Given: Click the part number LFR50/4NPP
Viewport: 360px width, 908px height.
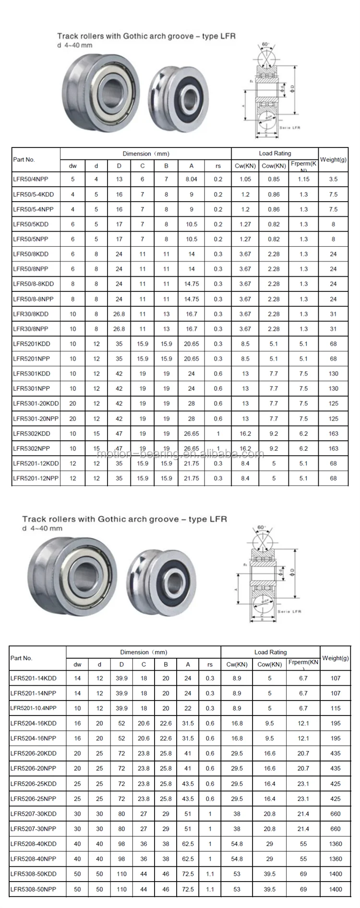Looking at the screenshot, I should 30,179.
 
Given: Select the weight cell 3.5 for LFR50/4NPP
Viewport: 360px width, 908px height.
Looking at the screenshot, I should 333,179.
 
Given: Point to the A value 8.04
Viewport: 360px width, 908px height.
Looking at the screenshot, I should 191,179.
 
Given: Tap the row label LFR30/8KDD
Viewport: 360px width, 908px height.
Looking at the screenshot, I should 31,314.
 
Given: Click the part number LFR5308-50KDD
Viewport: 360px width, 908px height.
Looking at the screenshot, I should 33,874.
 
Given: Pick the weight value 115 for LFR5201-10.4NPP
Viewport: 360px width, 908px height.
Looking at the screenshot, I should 335,708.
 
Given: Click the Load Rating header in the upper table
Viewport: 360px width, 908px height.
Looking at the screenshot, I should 275,154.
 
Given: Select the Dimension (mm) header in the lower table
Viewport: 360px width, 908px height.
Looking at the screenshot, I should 144,652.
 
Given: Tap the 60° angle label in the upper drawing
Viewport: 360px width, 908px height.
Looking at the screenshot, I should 266,45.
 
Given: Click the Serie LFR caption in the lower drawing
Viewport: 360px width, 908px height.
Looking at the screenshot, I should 289,611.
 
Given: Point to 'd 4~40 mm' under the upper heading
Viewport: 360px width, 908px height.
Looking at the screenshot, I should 75,46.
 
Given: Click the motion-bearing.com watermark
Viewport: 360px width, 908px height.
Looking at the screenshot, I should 180,454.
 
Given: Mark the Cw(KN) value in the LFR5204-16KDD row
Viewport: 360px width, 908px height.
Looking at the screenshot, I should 237,723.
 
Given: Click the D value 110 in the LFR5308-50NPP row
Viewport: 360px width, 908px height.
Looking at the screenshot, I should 121,889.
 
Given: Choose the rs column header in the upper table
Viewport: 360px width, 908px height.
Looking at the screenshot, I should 218,166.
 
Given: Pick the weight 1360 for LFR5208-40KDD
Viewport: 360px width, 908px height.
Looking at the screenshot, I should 335,844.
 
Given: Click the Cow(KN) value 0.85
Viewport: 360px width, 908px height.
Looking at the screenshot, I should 274,179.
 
